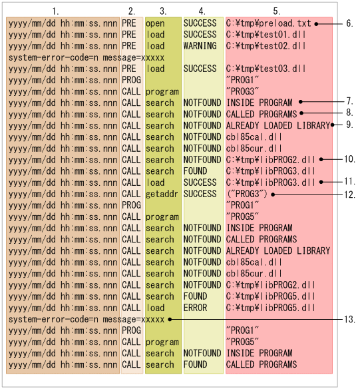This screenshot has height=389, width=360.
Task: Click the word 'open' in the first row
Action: click(x=155, y=23)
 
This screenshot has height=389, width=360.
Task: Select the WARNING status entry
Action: click(x=200, y=46)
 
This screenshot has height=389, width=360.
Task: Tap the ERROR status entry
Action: click(x=195, y=308)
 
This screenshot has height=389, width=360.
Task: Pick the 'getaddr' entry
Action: click(x=162, y=195)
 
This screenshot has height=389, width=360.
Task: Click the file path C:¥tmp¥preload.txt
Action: click(x=268, y=23)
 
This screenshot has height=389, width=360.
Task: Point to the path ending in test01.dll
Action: click(x=266, y=35)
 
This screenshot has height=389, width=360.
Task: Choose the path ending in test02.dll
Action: click(x=266, y=46)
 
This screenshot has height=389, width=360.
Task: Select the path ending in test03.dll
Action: click(x=266, y=69)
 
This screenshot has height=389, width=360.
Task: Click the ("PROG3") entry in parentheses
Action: click(x=247, y=194)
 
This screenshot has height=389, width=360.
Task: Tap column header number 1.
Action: click(x=55, y=11)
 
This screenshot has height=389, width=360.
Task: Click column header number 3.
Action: click(x=163, y=11)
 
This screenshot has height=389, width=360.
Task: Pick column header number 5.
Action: click(x=277, y=11)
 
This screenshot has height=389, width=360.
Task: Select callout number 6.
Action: click(x=349, y=23)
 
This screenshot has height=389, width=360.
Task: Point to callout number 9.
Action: click(x=349, y=125)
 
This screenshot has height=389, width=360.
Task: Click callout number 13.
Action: click(x=349, y=319)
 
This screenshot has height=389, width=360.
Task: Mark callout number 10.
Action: click(x=349, y=159)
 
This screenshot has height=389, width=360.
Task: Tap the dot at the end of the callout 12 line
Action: click(x=273, y=195)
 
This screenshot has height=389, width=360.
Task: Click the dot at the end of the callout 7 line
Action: click(x=301, y=102)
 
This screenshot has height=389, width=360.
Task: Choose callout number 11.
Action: click(x=349, y=182)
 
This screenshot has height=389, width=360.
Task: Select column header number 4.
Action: click(x=202, y=11)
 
